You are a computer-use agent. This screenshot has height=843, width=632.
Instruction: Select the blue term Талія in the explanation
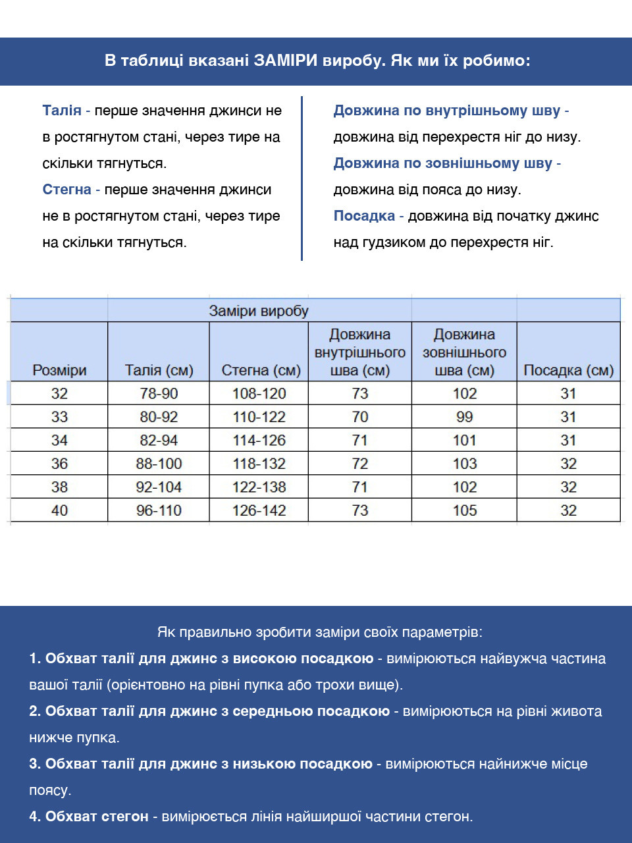62,111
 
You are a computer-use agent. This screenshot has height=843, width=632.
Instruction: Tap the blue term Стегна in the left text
66,190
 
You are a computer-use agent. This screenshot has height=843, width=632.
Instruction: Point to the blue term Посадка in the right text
364,216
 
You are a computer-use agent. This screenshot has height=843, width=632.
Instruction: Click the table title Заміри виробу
258,311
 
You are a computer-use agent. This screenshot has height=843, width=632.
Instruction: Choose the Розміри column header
59,370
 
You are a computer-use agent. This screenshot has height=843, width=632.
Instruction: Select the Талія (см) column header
159,370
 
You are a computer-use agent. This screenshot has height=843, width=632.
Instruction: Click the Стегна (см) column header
261,370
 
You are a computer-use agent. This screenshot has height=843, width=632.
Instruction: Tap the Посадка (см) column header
568,370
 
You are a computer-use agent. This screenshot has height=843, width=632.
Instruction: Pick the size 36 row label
59,464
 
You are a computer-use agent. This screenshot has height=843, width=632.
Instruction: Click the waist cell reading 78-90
159,394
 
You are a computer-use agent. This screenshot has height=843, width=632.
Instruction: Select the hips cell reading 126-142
259,510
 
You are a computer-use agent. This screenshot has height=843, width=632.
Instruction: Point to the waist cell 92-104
159,487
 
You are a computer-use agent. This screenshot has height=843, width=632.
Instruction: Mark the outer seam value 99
464,417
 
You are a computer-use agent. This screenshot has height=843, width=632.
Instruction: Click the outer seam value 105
464,510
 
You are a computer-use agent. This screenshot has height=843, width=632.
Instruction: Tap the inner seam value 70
360,417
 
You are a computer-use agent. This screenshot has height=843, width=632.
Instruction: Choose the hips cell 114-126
259,441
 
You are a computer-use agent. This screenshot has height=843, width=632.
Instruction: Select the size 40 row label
59,510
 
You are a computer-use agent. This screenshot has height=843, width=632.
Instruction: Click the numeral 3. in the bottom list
35,764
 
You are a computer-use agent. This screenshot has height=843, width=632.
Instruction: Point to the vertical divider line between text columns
302,178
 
